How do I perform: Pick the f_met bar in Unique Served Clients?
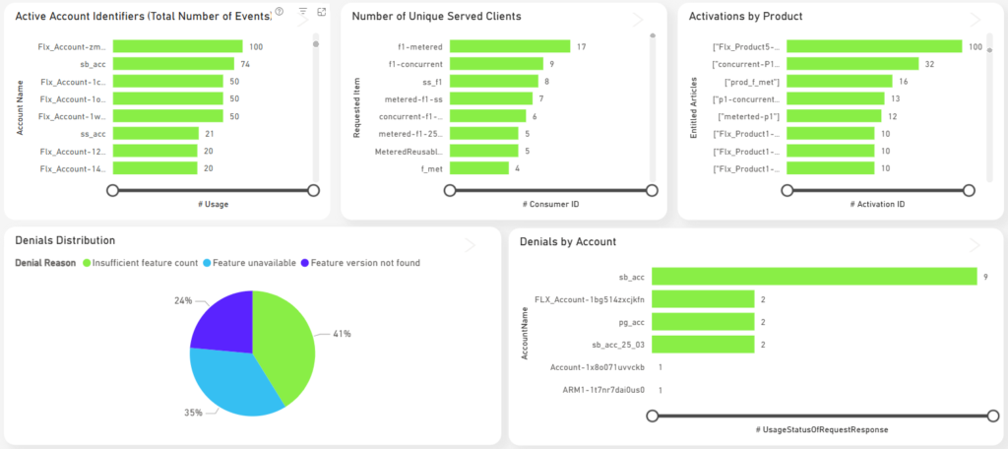pyautogui.click(x=480, y=168)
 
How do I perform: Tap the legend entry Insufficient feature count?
pyautogui.click(x=144, y=263)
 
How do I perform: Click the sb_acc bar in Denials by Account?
pyautogui.click(x=813, y=278)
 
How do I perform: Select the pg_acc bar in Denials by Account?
pyautogui.click(x=703, y=322)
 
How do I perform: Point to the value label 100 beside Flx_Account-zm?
pyautogui.click(x=256, y=46)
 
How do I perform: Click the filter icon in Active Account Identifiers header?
pyautogui.click(x=302, y=12)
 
